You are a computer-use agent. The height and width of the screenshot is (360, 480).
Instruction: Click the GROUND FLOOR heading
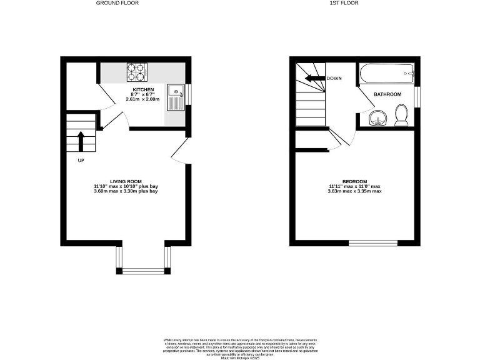(117, 3)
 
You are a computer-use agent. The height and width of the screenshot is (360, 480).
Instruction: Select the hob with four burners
(136, 73)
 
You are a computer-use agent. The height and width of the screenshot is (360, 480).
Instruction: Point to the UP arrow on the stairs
(81, 140)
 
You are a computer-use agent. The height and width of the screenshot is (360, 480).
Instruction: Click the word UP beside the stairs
(81, 161)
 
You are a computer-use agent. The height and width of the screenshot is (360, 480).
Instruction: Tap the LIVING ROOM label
(125, 181)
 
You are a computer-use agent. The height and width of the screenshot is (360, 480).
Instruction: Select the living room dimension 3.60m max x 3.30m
(125, 191)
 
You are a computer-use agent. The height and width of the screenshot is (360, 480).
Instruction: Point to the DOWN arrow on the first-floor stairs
(314, 79)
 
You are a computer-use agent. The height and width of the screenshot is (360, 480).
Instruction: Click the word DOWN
(334, 79)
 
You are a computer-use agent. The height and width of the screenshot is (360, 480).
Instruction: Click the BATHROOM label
(387, 94)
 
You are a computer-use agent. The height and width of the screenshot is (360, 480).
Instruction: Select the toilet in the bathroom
(402, 114)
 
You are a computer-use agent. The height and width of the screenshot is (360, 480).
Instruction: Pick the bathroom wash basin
(377, 117)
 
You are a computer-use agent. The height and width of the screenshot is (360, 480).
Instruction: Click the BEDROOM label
(355, 181)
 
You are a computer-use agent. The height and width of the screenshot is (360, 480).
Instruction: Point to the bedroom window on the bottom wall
(373, 242)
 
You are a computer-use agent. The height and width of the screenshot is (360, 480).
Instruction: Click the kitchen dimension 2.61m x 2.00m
(142, 99)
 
